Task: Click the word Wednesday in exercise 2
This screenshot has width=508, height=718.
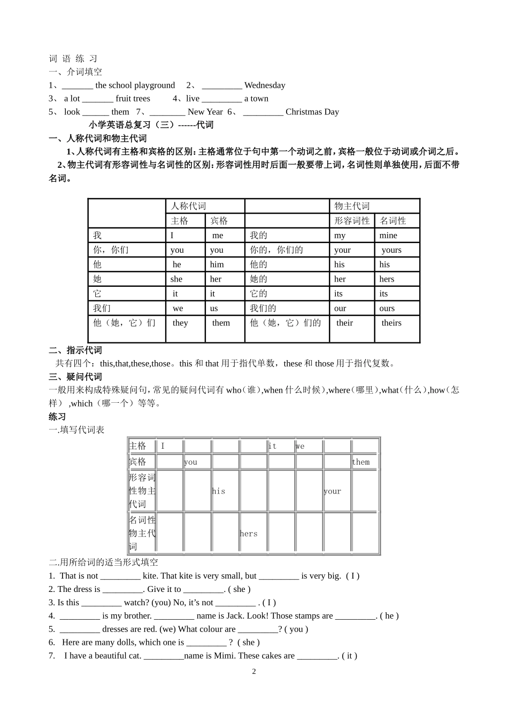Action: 265,85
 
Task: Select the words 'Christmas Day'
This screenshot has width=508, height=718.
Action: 312,112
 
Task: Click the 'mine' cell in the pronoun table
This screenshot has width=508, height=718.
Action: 388,236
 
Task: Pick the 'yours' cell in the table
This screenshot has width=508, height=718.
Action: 391,250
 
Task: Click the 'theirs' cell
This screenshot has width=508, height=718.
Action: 391,323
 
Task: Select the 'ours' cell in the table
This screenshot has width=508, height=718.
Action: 387,309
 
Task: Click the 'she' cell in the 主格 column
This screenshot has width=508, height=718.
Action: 176,279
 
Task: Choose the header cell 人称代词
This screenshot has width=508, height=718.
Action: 188,206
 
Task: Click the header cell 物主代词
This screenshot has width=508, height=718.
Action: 352,206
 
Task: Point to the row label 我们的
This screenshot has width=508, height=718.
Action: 263,309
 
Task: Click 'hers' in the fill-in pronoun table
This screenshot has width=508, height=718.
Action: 249,534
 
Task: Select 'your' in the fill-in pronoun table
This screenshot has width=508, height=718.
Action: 332,491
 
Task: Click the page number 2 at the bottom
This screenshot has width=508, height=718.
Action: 254,672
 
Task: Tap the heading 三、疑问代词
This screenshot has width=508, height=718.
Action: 75,377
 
